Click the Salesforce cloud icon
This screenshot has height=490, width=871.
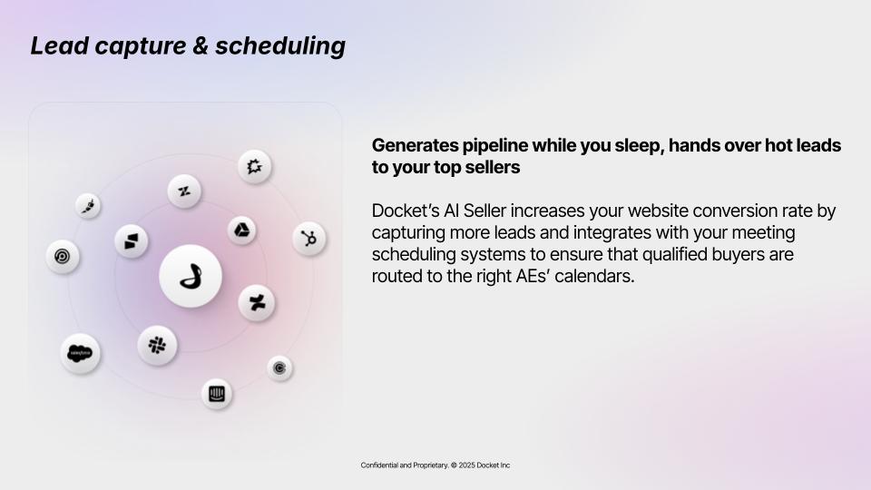pos(80,353)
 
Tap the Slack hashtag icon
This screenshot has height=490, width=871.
pos(157,346)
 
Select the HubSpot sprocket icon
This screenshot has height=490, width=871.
pos(308,239)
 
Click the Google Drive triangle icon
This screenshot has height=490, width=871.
pos(241,230)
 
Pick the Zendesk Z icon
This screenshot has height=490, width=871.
pos(184,191)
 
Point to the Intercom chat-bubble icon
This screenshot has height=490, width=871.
pos(217,394)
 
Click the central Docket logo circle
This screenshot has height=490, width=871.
pos(191,276)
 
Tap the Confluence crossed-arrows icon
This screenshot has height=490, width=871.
pos(257,303)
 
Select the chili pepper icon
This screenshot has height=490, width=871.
pos(88,206)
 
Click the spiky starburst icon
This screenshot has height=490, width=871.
pos(254,166)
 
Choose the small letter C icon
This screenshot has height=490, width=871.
pos(279,367)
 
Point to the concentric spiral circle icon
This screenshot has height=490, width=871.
pos(63,257)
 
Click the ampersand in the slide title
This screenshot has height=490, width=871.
pos(201,46)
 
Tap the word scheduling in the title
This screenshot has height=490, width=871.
pos(280,46)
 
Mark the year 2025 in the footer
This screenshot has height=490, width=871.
pos(466,465)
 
